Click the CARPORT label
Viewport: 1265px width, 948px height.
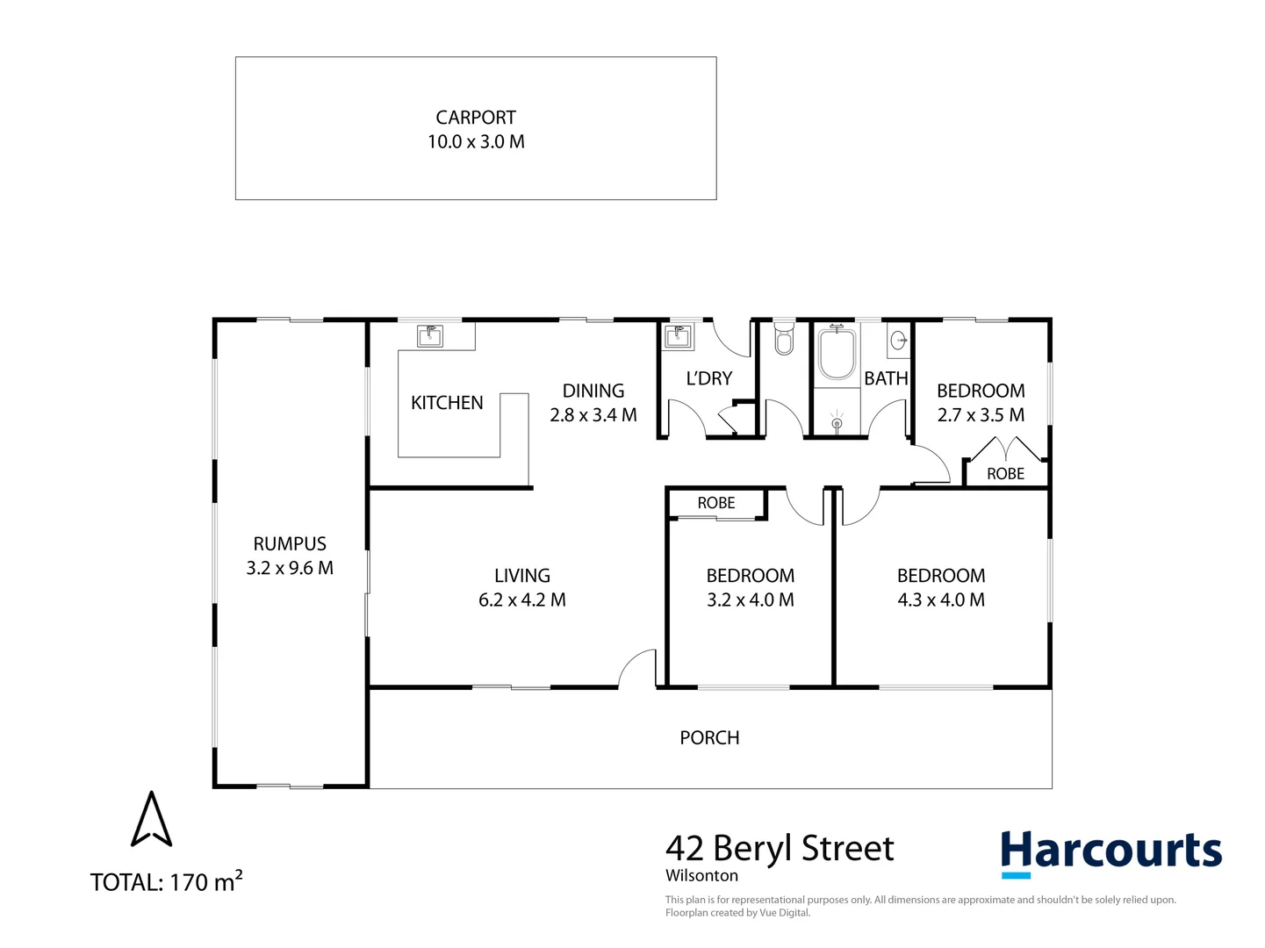pyautogui.click(x=476, y=118)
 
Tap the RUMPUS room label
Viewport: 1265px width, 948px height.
pyautogui.click(x=290, y=544)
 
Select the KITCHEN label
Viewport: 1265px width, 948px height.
pyautogui.click(x=447, y=403)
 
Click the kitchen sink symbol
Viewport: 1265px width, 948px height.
pyautogui.click(x=429, y=336)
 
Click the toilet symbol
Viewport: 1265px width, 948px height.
pyautogui.click(x=784, y=339)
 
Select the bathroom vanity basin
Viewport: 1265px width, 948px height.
pyautogui.click(x=899, y=340)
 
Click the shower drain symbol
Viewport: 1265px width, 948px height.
pyautogui.click(x=836, y=423)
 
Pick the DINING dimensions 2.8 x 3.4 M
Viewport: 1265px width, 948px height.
pyautogui.click(x=593, y=415)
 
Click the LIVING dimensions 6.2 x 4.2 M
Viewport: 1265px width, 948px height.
pyautogui.click(x=522, y=600)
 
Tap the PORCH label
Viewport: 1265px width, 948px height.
pyautogui.click(x=709, y=738)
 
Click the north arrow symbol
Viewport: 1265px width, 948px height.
pyautogui.click(x=152, y=820)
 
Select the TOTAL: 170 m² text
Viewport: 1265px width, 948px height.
pyautogui.click(x=166, y=881)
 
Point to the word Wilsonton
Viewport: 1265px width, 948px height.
pyautogui.click(x=701, y=876)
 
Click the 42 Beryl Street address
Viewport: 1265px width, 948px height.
pyautogui.click(x=780, y=849)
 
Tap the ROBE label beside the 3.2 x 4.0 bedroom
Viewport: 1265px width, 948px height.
pyautogui.click(x=716, y=503)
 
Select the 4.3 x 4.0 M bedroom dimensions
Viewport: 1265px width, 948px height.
pyautogui.click(x=941, y=600)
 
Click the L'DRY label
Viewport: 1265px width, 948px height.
pyautogui.click(x=708, y=378)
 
